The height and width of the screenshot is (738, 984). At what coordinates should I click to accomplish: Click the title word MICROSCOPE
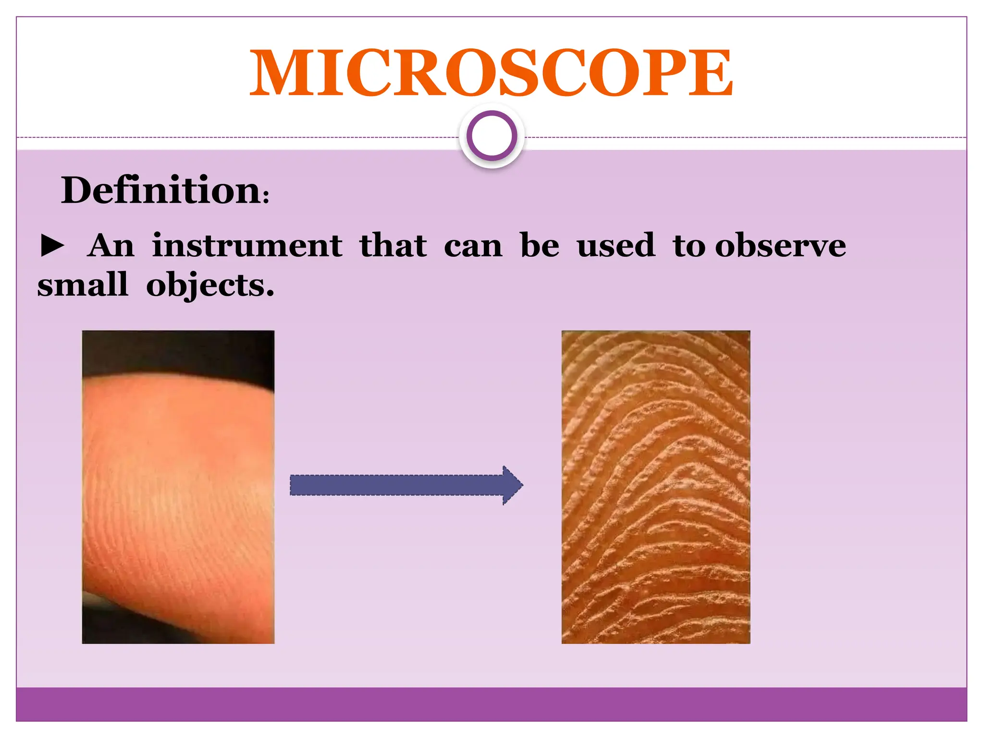(x=491, y=73)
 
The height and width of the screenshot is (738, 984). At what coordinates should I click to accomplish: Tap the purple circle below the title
(x=492, y=136)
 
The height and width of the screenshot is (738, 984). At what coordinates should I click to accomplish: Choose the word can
(x=473, y=246)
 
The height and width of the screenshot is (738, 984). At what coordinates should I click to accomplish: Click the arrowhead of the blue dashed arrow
(x=512, y=485)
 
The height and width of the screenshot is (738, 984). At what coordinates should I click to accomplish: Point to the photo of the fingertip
(x=178, y=487)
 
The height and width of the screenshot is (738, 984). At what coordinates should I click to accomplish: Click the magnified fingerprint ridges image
(x=655, y=487)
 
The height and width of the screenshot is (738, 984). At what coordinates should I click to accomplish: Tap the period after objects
(x=270, y=294)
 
